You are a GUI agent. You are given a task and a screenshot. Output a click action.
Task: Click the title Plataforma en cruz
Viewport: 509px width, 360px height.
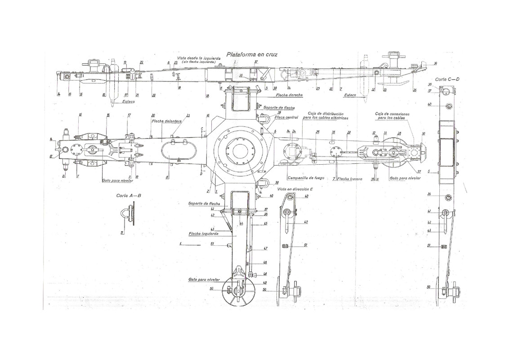[x=252, y=54]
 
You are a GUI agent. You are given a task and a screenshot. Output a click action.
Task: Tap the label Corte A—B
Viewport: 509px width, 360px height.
[x=129, y=196]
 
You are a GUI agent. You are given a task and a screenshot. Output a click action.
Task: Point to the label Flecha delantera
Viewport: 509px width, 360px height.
[x=164, y=121]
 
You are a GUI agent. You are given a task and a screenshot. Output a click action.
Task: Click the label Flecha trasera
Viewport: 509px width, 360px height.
[x=351, y=179]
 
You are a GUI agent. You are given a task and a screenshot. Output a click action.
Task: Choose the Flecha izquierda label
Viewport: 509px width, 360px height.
[x=204, y=234]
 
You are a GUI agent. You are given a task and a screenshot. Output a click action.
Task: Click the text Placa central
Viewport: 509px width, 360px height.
[x=286, y=118]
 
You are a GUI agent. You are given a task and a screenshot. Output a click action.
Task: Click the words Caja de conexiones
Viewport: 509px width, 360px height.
[x=393, y=114]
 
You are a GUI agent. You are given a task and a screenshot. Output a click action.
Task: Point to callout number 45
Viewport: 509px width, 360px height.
[x=266, y=224]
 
